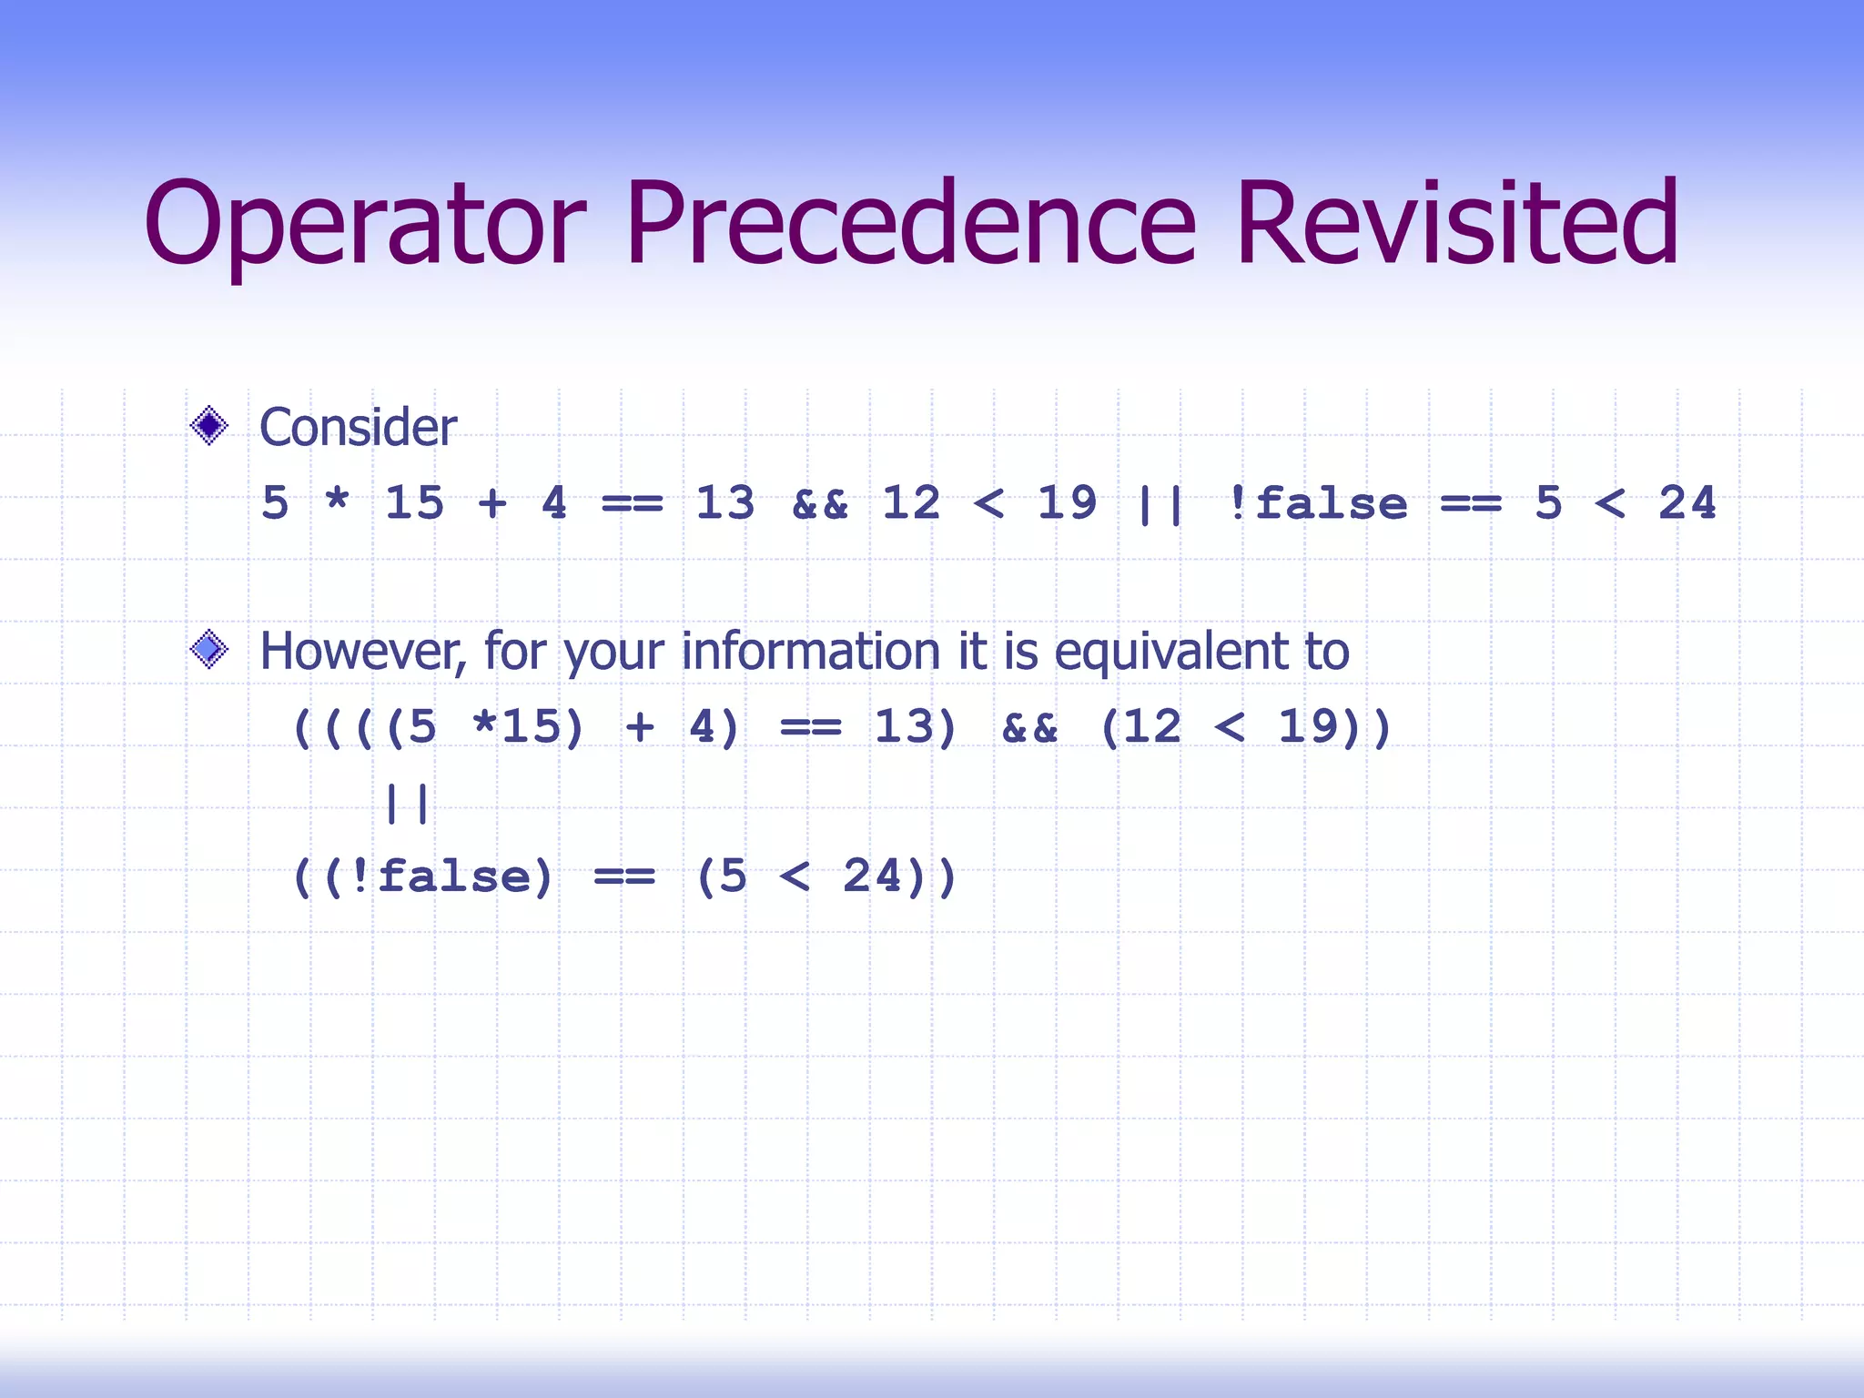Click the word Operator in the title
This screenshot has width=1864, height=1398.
click(x=364, y=225)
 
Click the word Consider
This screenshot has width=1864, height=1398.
click(x=358, y=427)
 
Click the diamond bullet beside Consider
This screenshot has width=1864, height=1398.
click(x=209, y=426)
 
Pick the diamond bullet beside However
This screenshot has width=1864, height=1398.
click(x=209, y=650)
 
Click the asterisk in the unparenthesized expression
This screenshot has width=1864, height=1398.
click(x=337, y=501)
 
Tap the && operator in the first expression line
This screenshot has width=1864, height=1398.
click(x=820, y=504)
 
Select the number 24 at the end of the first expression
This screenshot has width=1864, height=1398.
click(x=1687, y=502)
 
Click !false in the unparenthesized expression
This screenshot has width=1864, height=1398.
click(x=1317, y=503)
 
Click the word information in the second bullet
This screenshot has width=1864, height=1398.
click(x=811, y=651)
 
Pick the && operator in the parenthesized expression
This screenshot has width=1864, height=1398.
click(x=1029, y=728)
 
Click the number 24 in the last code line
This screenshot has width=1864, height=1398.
click(x=872, y=876)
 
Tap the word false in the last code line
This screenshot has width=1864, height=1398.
click(x=452, y=876)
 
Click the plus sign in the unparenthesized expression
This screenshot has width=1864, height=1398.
click(x=492, y=502)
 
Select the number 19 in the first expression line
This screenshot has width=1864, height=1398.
click(x=1067, y=502)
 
